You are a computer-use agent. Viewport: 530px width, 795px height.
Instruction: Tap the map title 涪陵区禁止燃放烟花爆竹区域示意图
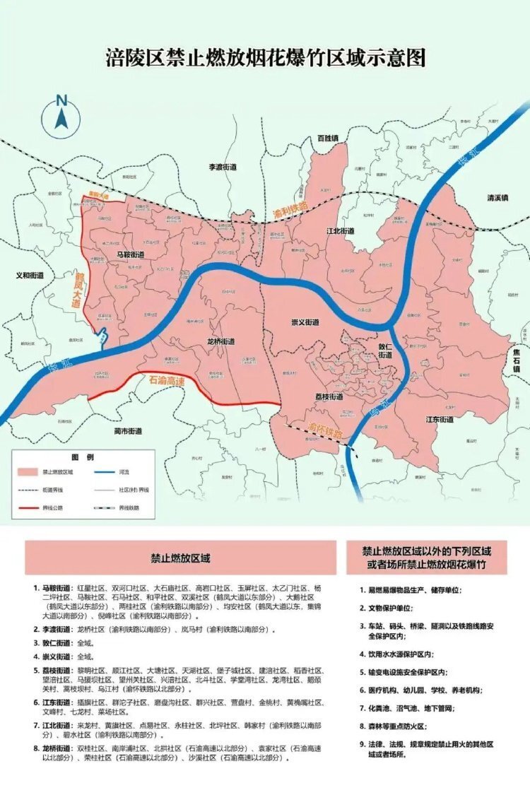point(265,58)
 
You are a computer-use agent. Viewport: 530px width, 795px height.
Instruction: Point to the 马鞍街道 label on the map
point(131,254)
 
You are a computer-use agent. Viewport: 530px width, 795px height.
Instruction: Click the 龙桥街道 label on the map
point(221,341)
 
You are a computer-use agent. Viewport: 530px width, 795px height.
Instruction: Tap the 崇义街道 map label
point(305,322)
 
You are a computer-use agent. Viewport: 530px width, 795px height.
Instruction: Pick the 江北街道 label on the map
point(340,231)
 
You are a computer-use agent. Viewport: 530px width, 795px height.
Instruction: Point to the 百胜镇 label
point(328,138)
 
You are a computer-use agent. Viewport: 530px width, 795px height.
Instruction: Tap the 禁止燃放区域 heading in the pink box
point(180,558)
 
